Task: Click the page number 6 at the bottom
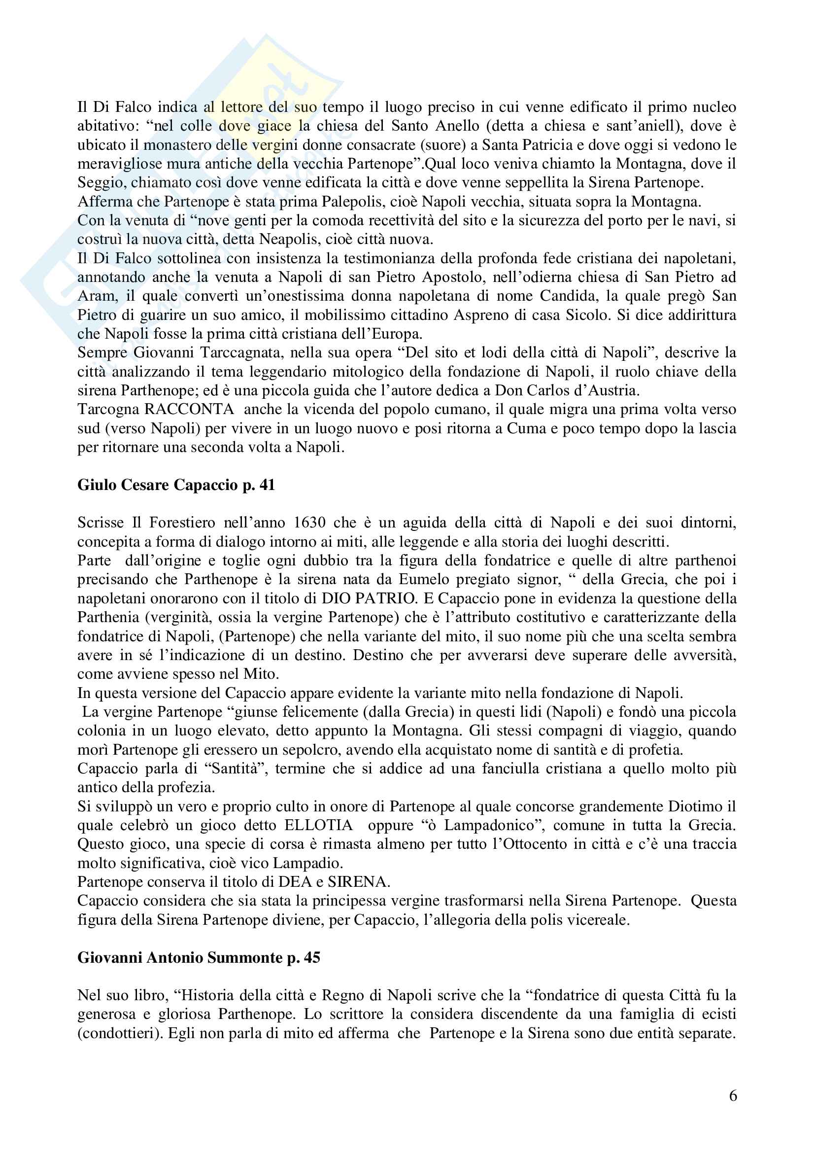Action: [x=733, y=1095]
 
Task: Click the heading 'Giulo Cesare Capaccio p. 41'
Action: [x=176, y=485]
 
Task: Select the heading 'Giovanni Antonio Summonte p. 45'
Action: [x=199, y=957]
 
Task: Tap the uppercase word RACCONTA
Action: [x=189, y=409]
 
